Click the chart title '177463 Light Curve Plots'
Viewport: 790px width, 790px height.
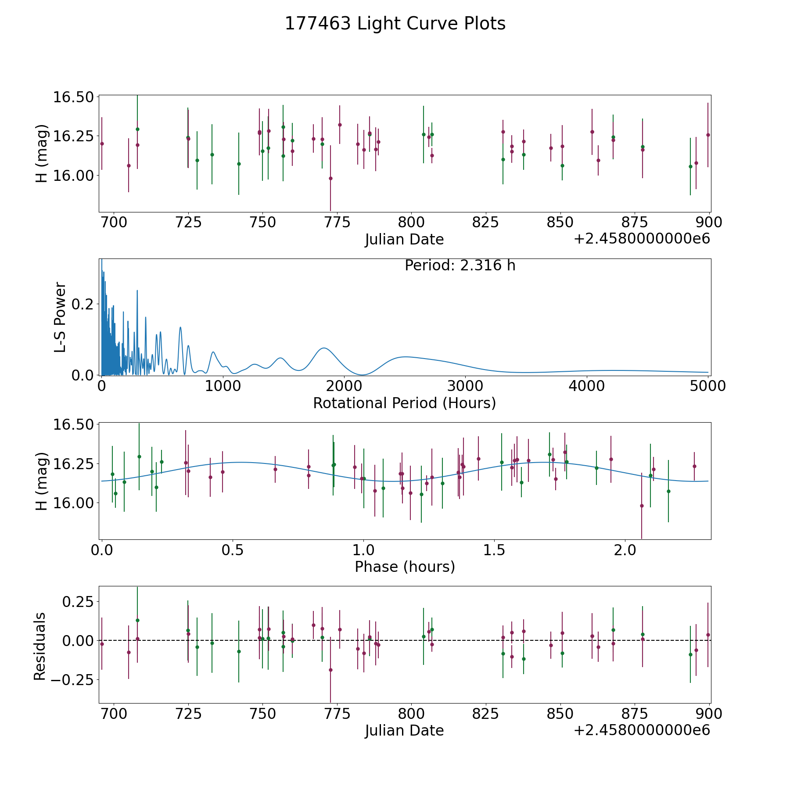(x=395, y=24)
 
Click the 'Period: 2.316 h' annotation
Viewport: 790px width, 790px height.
(x=460, y=266)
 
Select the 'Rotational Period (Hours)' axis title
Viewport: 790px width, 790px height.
(x=404, y=403)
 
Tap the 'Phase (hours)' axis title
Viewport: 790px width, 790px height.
(x=405, y=567)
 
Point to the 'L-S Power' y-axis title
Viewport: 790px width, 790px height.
(x=60, y=317)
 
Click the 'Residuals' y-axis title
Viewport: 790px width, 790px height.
(x=40, y=646)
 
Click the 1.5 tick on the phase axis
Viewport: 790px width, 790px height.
(x=494, y=550)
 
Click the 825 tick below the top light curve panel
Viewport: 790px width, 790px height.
(x=486, y=223)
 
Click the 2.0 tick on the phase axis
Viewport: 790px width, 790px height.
(x=625, y=550)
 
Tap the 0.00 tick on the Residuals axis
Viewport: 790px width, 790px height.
(x=75, y=640)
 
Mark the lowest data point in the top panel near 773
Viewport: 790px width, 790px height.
(x=330, y=178)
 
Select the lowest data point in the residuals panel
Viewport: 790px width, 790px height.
(x=330, y=670)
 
